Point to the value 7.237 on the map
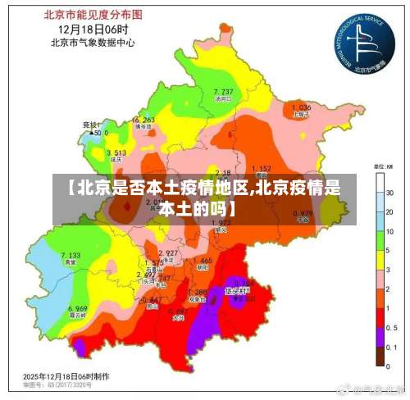click(x=223, y=91)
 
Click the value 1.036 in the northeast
click(x=301, y=107)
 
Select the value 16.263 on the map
click(x=143, y=120)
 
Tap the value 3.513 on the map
click(x=116, y=152)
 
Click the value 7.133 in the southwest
click(x=71, y=256)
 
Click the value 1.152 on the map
click(x=261, y=168)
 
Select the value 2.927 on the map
click(x=168, y=252)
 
